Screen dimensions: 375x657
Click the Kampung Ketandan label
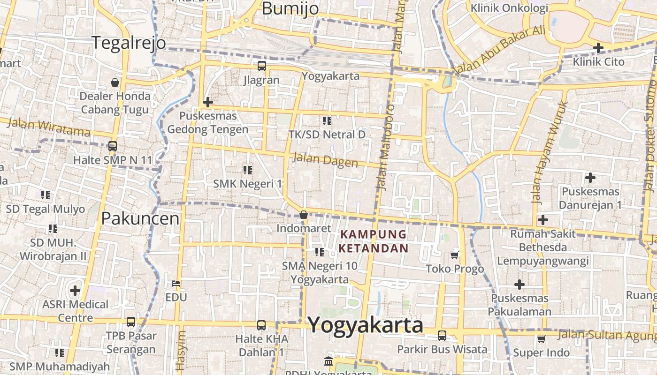point(374,241)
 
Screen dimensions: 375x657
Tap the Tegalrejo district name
point(129,43)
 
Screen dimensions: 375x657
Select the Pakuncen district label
point(140,218)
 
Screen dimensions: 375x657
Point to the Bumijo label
point(290,8)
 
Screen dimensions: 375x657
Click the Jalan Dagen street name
point(325,160)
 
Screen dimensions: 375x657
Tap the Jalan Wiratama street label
point(49,127)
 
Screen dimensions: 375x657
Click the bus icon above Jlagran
point(261,66)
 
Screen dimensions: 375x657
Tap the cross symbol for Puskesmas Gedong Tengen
point(207,102)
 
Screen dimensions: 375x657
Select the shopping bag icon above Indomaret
point(304,215)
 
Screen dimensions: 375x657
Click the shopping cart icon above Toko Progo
point(454,255)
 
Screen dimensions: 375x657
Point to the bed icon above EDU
point(176,283)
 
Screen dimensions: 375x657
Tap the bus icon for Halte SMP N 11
point(112,146)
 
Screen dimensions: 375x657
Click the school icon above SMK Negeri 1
point(248,170)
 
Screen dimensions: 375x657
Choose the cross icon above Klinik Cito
point(598,47)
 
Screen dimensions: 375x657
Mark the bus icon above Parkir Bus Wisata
point(442,335)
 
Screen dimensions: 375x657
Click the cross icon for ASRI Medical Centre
point(75,291)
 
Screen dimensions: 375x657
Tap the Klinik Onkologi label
point(509,8)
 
